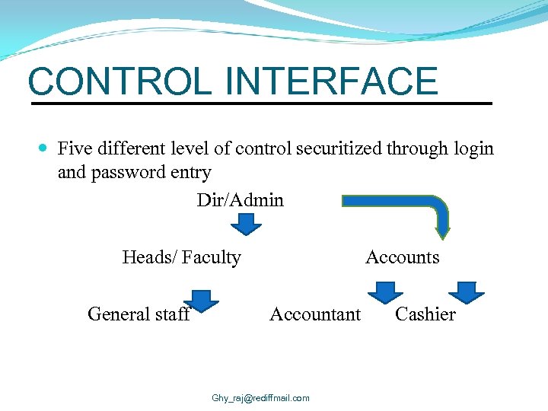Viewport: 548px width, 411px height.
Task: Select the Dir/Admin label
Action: pos(240,200)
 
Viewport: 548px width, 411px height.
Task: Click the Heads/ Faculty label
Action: pos(181,257)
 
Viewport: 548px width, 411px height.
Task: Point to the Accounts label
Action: pos(402,257)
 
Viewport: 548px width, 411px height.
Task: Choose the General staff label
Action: pos(139,314)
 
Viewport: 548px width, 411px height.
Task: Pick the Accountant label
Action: pos(315,314)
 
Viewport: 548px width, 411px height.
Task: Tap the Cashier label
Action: pos(425,314)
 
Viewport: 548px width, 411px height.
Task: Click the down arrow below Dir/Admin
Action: pos(246,225)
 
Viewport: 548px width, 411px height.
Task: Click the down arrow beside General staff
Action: pos(202,298)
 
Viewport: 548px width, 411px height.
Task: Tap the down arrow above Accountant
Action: pos(386,292)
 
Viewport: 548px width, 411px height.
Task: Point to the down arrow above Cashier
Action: pos(466,292)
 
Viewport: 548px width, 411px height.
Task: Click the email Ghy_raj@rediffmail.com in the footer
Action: pos(260,398)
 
